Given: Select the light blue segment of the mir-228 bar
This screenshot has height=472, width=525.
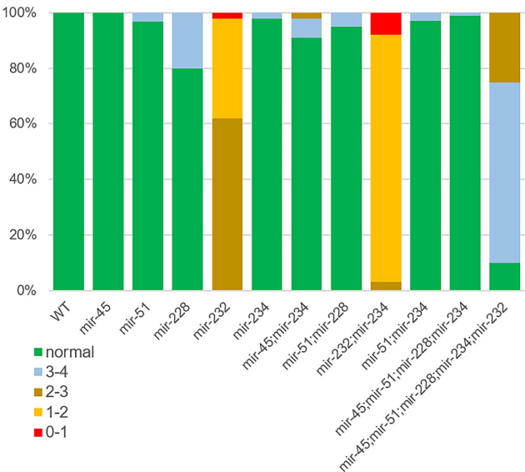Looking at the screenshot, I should [187, 40].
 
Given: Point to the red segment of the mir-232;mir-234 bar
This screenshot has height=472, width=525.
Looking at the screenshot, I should [385, 23].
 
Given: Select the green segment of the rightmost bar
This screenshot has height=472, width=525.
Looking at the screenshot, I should [504, 277].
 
